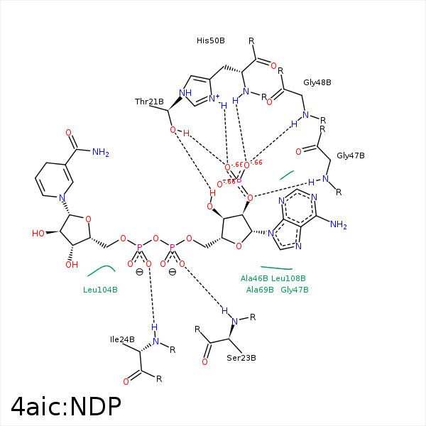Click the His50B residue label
(211, 40)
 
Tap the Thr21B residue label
(149, 102)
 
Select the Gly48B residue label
(317, 82)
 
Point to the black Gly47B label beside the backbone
(351, 155)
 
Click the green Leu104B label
(100, 290)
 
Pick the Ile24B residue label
(122, 339)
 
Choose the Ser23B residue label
(241, 358)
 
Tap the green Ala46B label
(255, 278)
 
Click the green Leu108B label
(288, 278)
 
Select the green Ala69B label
(260, 290)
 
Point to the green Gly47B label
(295, 290)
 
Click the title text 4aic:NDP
(66, 406)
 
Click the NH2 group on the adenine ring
(339, 226)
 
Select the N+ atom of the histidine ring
(214, 99)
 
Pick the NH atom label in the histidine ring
(185, 92)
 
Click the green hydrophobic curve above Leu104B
(101, 270)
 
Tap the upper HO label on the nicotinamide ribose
(39, 233)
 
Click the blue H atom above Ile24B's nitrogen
(154, 327)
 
